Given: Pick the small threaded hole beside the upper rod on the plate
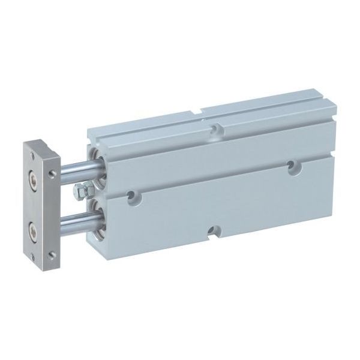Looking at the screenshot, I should pos(52,175).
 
